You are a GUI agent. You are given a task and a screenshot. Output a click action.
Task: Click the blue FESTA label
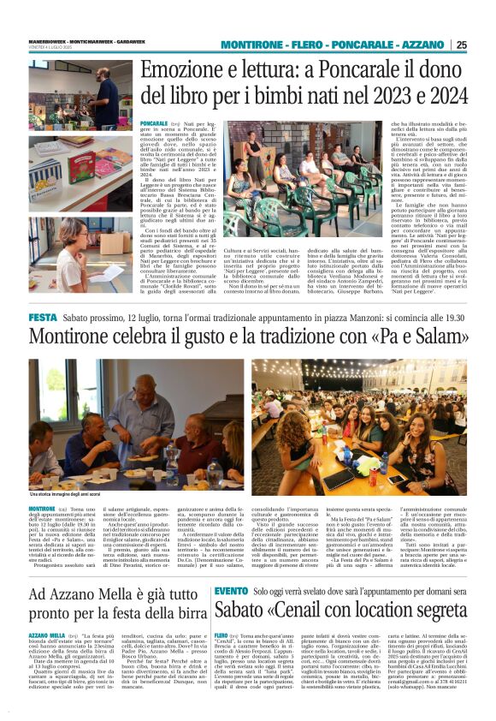tap(43, 317)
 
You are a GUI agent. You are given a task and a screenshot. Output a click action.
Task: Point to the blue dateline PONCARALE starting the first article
tap(155, 124)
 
